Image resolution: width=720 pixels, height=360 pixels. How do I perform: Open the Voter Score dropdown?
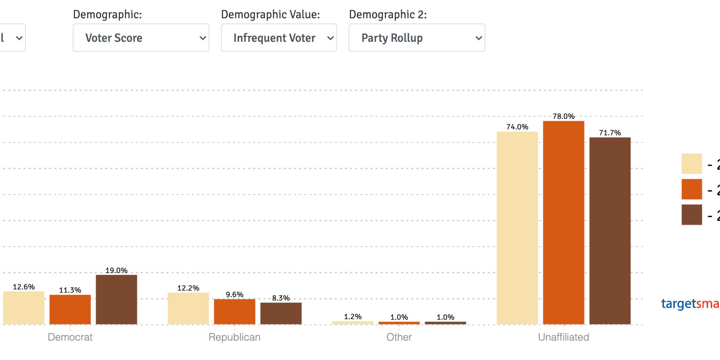coord(141,38)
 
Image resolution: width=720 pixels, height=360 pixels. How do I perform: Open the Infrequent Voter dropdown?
coord(279,38)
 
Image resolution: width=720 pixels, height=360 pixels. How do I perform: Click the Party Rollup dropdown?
coord(417,38)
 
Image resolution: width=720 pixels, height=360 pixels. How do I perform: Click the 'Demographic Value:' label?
coord(270,15)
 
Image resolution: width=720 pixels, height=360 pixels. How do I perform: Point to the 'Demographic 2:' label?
coord(388,15)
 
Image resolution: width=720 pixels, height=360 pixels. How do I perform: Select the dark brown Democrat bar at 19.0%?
coord(116,299)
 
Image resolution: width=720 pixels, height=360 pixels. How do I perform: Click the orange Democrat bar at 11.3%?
coord(70,309)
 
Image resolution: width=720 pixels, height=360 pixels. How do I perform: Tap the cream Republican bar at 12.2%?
coord(188,308)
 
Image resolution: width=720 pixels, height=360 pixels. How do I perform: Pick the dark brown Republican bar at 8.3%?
coord(281,313)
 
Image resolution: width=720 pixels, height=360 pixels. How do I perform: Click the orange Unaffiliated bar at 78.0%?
coord(563,223)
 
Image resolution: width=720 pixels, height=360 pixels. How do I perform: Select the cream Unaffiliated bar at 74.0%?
coord(517,228)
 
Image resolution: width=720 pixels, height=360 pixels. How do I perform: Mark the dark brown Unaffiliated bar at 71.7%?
coord(610,231)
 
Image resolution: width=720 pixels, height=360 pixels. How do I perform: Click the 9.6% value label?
coord(234,295)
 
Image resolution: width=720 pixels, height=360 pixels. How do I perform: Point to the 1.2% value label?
coord(353,316)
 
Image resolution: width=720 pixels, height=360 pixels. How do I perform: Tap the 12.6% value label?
coord(24,287)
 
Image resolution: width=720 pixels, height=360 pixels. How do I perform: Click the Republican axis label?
coord(234,337)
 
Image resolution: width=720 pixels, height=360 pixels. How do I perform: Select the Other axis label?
coord(399,337)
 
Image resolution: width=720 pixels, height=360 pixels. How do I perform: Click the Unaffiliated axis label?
coord(563,337)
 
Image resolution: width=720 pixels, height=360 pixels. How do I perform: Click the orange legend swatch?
coord(691,189)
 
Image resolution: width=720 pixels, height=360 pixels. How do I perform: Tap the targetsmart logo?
coord(690,304)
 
